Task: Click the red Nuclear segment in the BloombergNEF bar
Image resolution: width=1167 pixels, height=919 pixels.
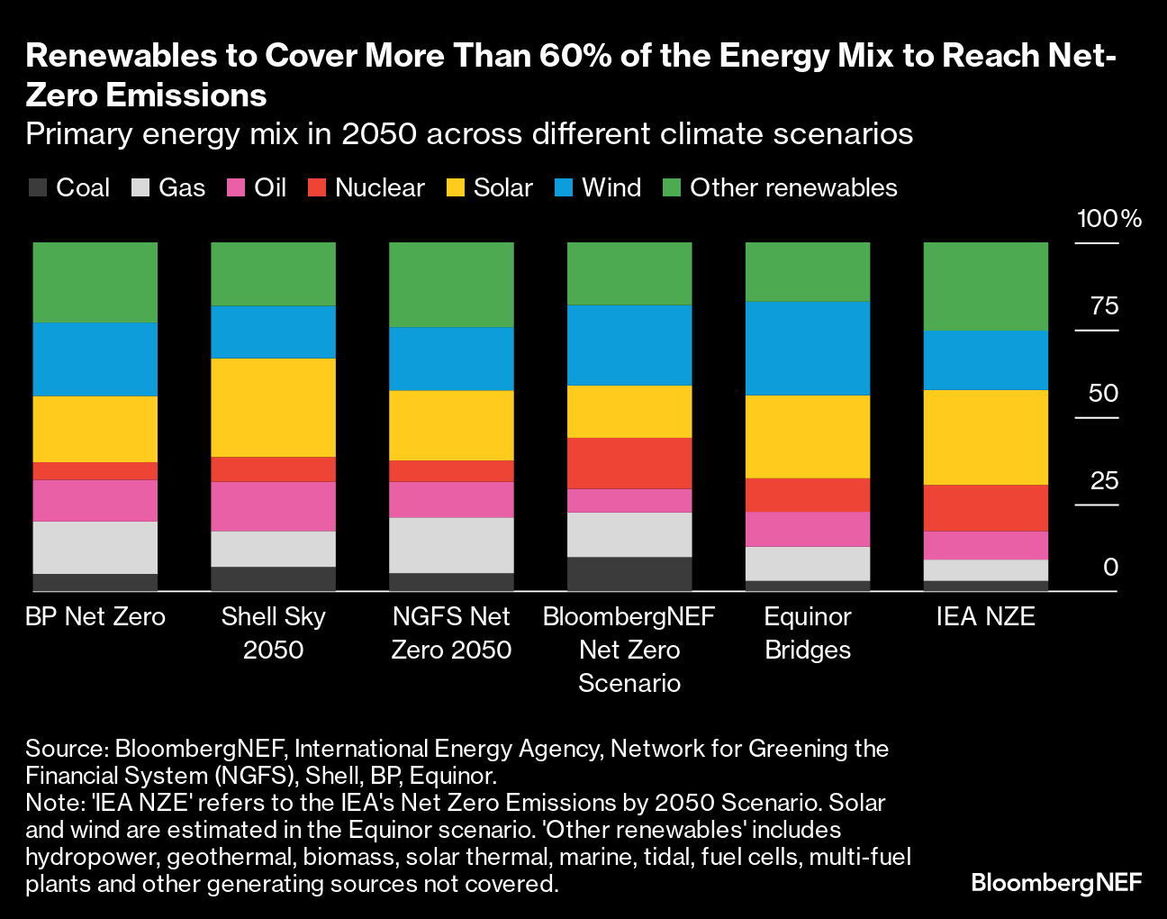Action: [x=629, y=463]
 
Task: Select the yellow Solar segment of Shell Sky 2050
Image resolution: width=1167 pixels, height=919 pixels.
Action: [x=273, y=407]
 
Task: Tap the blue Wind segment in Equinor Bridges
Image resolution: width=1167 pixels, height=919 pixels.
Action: [x=808, y=348]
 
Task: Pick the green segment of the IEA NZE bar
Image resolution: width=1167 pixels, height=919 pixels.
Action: [x=986, y=287]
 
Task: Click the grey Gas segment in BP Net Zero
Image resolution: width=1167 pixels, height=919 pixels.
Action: [x=95, y=547]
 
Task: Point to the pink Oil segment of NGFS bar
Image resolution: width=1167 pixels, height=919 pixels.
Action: [x=451, y=499]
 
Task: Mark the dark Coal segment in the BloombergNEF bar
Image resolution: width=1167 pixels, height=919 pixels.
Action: [x=629, y=573]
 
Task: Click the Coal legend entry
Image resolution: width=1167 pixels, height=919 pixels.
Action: [x=69, y=187]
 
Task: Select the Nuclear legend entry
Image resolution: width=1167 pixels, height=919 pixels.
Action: [x=366, y=187]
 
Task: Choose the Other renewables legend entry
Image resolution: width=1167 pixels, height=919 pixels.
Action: [x=781, y=187]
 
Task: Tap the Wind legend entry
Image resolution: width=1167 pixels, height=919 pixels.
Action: [x=599, y=187]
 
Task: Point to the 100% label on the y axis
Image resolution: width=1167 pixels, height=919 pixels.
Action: [x=1109, y=219]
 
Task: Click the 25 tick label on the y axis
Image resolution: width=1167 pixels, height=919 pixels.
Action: [x=1104, y=480]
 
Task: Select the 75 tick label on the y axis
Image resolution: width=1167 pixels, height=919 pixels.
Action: [x=1104, y=306]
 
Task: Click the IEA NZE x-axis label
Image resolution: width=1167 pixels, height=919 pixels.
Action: [x=986, y=616]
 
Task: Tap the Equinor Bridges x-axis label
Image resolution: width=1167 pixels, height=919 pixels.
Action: [x=808, y=632]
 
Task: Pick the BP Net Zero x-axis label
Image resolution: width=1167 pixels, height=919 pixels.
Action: [x=95, y=616]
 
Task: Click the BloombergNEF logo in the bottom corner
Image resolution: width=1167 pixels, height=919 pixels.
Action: [x=1056, y=882]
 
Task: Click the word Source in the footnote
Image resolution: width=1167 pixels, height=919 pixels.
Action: [x=66, y=749]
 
